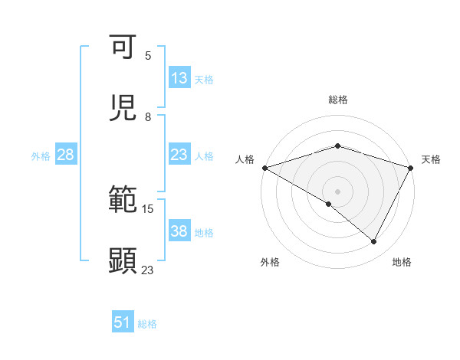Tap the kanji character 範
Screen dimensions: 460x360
point(123,200)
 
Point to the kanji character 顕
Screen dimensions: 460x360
point(123,260)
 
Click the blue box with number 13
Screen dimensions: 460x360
point(179,78)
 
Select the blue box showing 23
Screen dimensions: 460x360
point(179,155)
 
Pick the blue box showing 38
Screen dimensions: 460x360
point(179,231)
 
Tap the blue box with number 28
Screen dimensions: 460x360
point(66,155)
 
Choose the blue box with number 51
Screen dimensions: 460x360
point(123,322)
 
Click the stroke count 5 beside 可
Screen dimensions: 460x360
point(148,56)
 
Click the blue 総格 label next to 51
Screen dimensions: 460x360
point(147,324)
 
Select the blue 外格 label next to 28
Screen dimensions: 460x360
point(41,155)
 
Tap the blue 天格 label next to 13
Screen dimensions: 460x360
point(204,79)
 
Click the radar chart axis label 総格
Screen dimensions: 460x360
point(338,100)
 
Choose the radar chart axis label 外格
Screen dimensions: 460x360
point(270,262)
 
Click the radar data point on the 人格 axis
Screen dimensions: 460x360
point(264,168)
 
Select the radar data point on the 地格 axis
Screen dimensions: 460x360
point(374,242)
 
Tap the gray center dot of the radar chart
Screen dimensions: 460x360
point(337,191)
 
